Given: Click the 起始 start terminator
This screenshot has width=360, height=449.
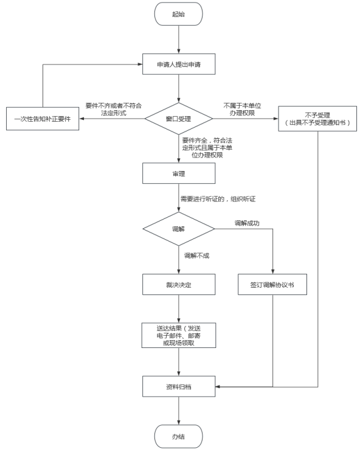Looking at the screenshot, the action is click(x=179, y=14).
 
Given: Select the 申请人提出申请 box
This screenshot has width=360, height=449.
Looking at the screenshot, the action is click(x=179, y=64).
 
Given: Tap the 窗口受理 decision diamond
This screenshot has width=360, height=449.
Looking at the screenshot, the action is click(x=179, y=119).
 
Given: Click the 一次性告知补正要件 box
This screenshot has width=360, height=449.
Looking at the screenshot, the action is click(x=43, y=119).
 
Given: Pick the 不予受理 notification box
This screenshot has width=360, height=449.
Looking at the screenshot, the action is click(x=317, y=119).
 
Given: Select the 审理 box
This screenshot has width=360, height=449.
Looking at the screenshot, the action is click(x=179, y=173).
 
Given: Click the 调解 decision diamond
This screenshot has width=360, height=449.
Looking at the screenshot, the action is click(x=179, y=229).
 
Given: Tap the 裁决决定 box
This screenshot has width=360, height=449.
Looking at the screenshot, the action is click(x=179, y=285).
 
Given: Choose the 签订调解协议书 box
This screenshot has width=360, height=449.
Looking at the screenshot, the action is click(x=272, y=285).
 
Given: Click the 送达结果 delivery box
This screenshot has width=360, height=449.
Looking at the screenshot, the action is click(x=179, y=336).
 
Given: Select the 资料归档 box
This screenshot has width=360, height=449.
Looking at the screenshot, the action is click(x=179, y=386).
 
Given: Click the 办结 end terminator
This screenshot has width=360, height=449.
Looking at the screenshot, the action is click(x=179, y=436).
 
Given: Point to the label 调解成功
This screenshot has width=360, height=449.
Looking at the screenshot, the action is click(x=247, y=223).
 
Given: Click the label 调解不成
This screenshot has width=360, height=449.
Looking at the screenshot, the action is click(x=196, y=256).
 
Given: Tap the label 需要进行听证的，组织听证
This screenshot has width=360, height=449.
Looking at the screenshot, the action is click(x=218, y=199).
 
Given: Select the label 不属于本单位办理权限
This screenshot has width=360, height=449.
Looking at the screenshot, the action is click(x=242, y=110).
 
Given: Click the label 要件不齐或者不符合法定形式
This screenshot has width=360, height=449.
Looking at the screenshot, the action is click(x=114, y=110).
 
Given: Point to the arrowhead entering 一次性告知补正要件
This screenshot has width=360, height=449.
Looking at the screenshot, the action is click(x=81, y=119).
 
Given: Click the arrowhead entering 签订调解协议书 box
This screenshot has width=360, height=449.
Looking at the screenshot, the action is click(x=272, y=272).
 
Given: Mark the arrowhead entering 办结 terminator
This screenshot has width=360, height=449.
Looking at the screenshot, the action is click(x=179, y=423).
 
